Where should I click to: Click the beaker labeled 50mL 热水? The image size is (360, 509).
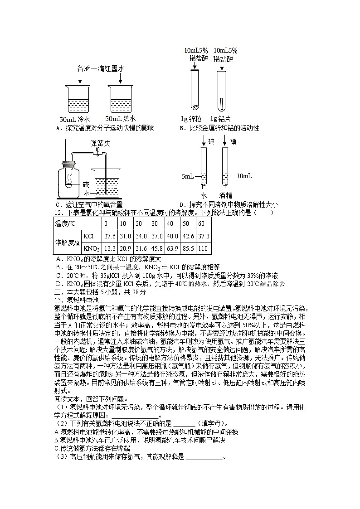122,99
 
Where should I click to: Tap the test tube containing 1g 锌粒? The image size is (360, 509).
195,90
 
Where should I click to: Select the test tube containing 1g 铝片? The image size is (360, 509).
221,90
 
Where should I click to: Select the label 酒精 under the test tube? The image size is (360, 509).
225,195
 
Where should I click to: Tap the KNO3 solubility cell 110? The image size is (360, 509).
203,248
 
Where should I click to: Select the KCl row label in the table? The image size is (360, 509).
89,236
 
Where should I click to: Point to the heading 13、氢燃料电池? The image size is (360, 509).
77,300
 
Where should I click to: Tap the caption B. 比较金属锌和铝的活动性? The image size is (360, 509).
219,128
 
